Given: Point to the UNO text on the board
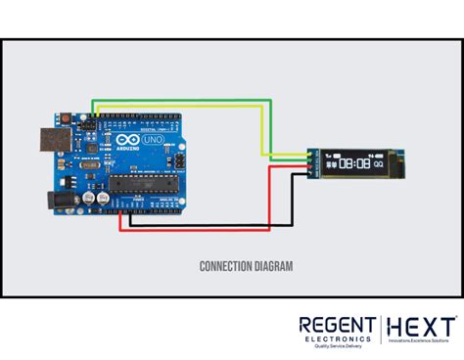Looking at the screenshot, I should coord(156,142).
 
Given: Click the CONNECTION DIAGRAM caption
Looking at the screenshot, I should coord(232,265).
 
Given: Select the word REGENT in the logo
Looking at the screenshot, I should coord(336,326).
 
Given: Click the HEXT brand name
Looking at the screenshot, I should coord(421,326).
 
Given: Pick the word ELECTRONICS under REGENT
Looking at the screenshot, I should coord(336,339).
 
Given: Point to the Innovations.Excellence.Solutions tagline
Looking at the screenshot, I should coord(421,339).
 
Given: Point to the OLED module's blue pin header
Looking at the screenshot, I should coord(311,163).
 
